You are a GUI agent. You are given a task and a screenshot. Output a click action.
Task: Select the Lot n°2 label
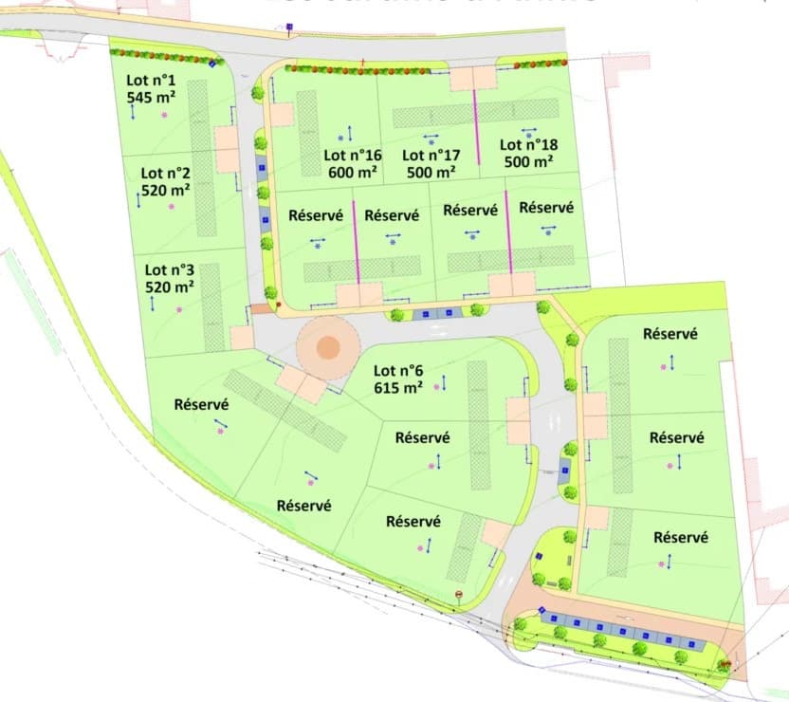point(165,173)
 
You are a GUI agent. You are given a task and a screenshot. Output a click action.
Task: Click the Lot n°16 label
point(352,155)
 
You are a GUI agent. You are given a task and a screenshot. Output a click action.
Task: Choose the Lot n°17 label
point(431,155)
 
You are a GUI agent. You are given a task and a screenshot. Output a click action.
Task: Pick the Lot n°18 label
point(528,144)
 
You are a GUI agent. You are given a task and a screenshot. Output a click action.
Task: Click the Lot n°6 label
point(398,371)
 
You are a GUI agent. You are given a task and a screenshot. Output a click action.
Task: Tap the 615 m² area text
point(398,388)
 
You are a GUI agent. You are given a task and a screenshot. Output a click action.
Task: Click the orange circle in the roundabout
point(327,347)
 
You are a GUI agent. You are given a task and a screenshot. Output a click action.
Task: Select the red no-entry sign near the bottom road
point(458,595)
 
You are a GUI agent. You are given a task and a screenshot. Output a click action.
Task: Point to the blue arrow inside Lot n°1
point(133,111)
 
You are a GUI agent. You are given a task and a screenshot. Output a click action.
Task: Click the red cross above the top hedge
point(363,63)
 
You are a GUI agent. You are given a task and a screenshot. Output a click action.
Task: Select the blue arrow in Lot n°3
point(152,303)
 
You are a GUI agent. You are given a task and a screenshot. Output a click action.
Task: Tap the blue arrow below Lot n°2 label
point(138,200)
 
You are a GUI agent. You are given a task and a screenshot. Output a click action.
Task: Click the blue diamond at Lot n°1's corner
point(212,65)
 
